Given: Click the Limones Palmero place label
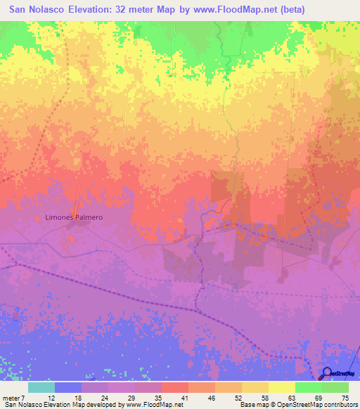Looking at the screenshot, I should (74, 217).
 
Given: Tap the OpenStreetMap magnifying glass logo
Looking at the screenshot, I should (327, 373).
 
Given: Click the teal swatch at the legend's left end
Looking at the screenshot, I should (41, 387).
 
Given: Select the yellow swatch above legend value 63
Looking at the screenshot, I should (281, 387).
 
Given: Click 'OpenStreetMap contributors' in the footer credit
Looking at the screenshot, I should (310, 405).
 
